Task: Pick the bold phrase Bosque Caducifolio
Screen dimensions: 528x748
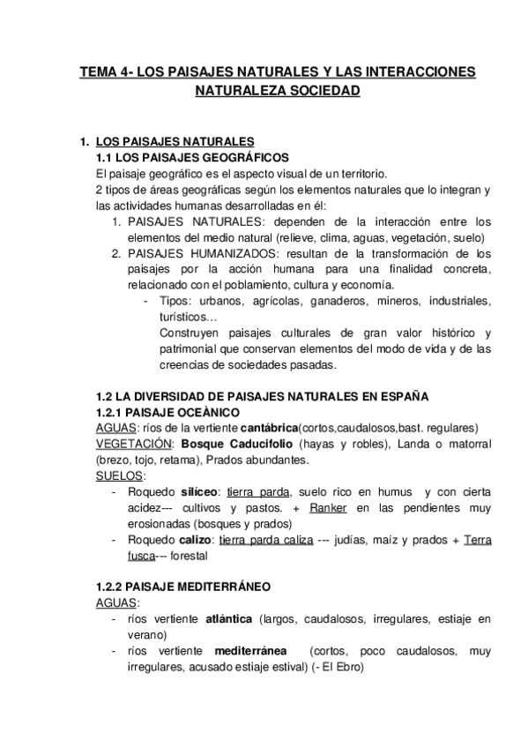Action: tap(238, 444)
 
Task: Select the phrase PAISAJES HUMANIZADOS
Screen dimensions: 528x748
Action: tap(186, 251)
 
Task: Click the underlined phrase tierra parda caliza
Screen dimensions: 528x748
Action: tap(265, 539)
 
